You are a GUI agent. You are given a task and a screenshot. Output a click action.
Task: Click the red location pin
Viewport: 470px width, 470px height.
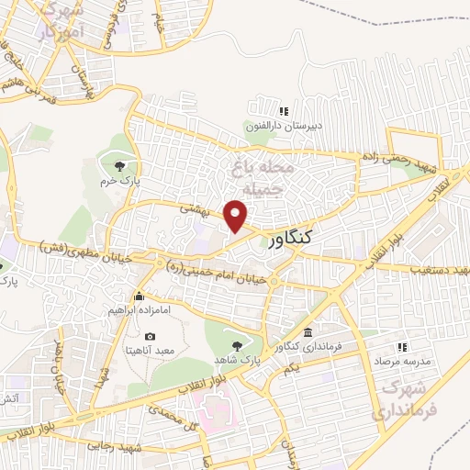237,216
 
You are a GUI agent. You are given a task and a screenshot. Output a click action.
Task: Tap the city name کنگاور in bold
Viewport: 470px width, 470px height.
291,241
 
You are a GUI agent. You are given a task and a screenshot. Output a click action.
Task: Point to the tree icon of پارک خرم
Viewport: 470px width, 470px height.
119,165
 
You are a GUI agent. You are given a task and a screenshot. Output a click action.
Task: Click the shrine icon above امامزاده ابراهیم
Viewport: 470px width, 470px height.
138,296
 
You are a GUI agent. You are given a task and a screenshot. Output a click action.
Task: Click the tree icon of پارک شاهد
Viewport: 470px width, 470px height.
239,345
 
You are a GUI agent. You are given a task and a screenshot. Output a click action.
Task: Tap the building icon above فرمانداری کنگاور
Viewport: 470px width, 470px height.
308,332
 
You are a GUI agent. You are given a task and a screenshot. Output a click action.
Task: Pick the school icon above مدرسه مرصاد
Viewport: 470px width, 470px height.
400,347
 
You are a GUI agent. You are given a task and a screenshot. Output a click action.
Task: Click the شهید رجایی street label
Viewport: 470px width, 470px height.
114,445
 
